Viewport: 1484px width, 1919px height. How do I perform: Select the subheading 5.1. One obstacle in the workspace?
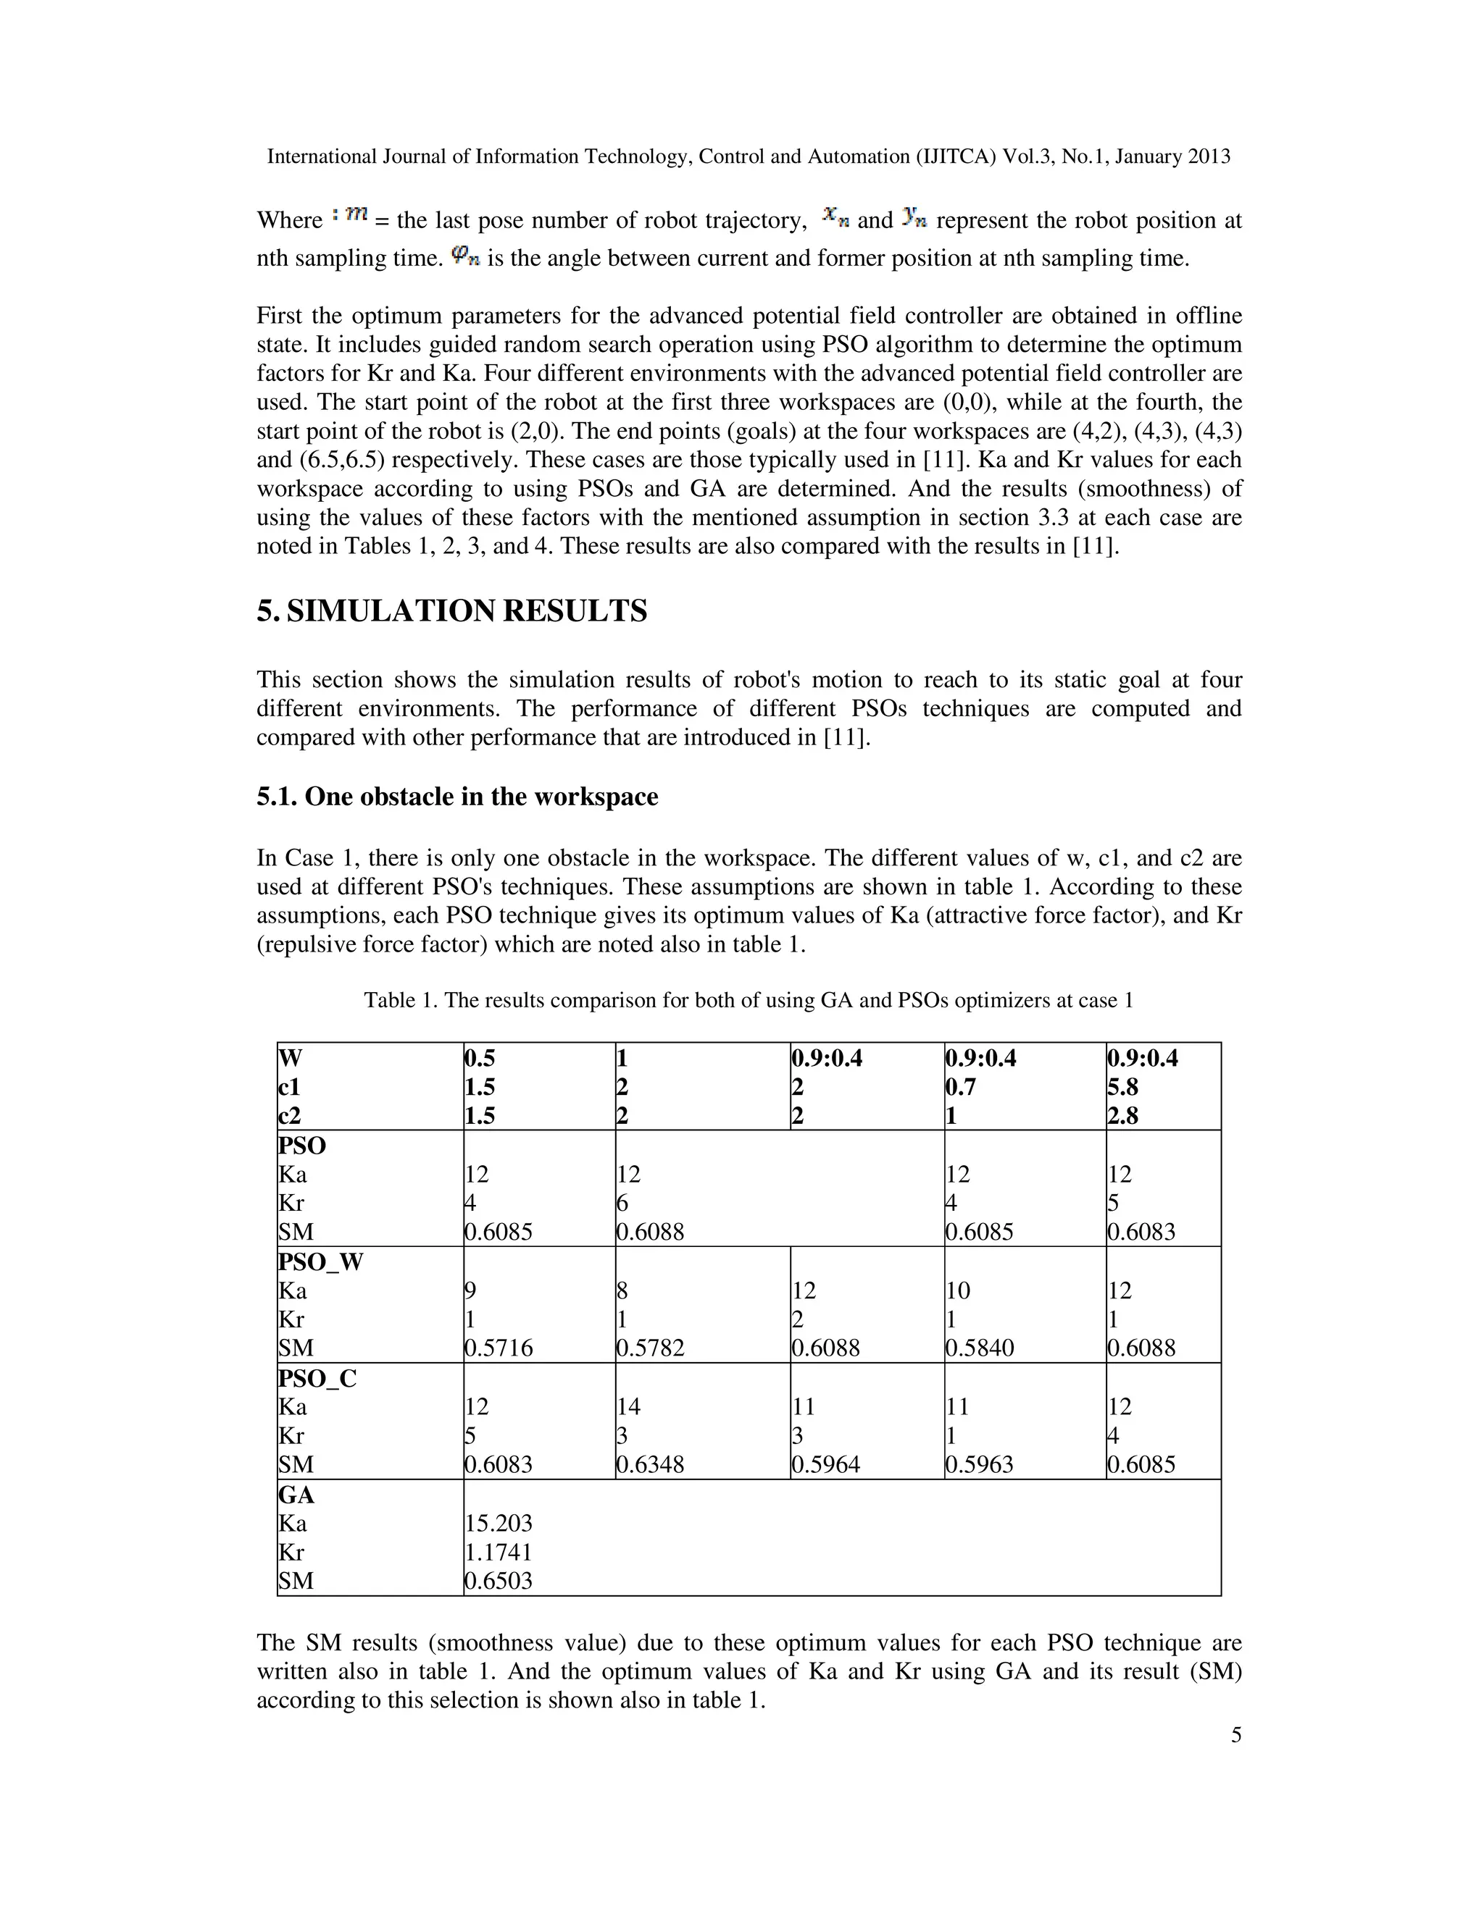pos(457,797)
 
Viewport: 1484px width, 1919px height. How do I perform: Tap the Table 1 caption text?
pos(748,1000)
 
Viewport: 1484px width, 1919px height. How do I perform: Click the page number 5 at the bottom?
pos(1235,1734)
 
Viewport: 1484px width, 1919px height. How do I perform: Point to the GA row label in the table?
pos(296,1495)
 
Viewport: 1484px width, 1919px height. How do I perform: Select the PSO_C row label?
pos(317,1378)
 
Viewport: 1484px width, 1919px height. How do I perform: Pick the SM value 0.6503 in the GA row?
pos(499,1581)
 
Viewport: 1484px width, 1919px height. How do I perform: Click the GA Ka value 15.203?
pos(499,1523)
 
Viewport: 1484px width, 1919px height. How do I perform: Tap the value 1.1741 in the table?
pos(499,1552)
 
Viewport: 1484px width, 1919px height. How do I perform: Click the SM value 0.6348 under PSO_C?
pos(650,1465)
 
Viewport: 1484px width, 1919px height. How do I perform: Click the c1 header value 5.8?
pos(1122,1087)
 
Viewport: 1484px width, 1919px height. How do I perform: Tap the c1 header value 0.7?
pos(961,1087)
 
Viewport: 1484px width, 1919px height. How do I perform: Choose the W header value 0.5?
pos(480,1058)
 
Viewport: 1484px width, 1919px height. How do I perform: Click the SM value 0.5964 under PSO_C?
pos(825,1465)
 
